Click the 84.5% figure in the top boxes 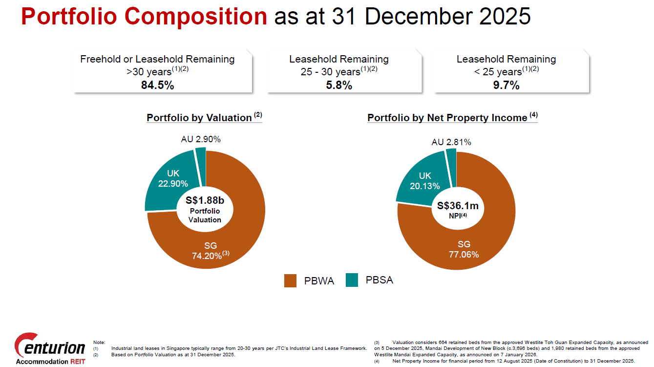pos(157,85)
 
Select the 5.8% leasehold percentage pos(338,85)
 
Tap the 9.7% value pos(506,85)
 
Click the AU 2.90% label pos(201,139)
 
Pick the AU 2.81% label pos(451,142)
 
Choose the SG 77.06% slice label pos(464,249)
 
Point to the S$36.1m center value pos(458,206)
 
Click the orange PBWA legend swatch pos(290,281)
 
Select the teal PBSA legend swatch pos(352,280)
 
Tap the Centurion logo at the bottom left pos(50,348)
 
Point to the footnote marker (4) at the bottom pos(377,361)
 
